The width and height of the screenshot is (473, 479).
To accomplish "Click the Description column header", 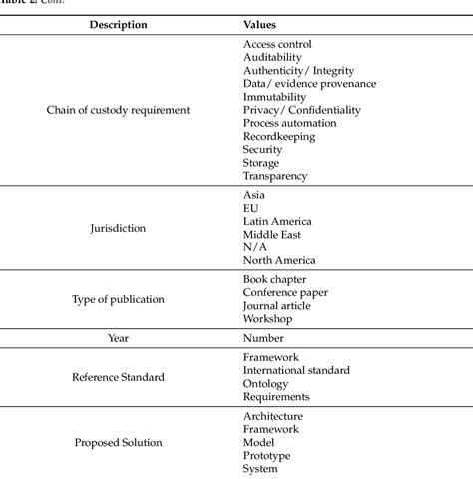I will pyautogui.click(x=118, y=23).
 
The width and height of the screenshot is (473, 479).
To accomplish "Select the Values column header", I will pyautogui.click(x=260, y=23).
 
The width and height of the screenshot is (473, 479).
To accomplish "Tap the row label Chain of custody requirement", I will pyautogui.click(x=118, y=110).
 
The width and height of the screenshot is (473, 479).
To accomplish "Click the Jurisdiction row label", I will pyautogui.click(x=118, y=228).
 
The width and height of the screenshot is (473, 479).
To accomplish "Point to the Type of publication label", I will pyautogui.click(x=118, y=299).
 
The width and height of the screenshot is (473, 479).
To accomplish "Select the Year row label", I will pyautogui.click(x=118, y=338).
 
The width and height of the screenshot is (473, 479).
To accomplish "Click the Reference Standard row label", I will pyautogui.click(x=118, y=377).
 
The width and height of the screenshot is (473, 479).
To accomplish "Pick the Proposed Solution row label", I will pyautogui.click(x=118, y=442).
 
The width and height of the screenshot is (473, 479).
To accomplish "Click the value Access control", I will pyautogui.click(x=277, y=44).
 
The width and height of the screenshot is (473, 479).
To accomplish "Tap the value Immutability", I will pyautogui.click(x=275, y=97).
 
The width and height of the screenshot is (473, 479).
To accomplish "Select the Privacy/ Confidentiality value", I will pyautogui.click(x=301, y=110).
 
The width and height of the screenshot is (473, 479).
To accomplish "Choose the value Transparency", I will pyautogui.click(x=275, y=176).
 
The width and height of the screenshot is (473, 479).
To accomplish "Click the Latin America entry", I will pyautogui.click(x=277, y=221).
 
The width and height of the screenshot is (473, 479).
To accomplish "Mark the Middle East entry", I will pyautogui.click(x=273, y=234).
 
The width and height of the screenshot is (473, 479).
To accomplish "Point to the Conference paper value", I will pyautogui.click(x=285, y=292).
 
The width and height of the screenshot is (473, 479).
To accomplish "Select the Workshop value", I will pyautogui.click(x=267, y=319).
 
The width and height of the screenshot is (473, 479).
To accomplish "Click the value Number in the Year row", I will pyautogui.click(x=263, y=338).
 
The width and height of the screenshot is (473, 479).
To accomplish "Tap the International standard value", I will pyautogui.click(x=296, y=370).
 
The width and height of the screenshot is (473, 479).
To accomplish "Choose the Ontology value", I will pyautogui.click(x=265, y=383).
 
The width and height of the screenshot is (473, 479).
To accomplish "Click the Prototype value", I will pyautogui.click(x=267, y=455).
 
